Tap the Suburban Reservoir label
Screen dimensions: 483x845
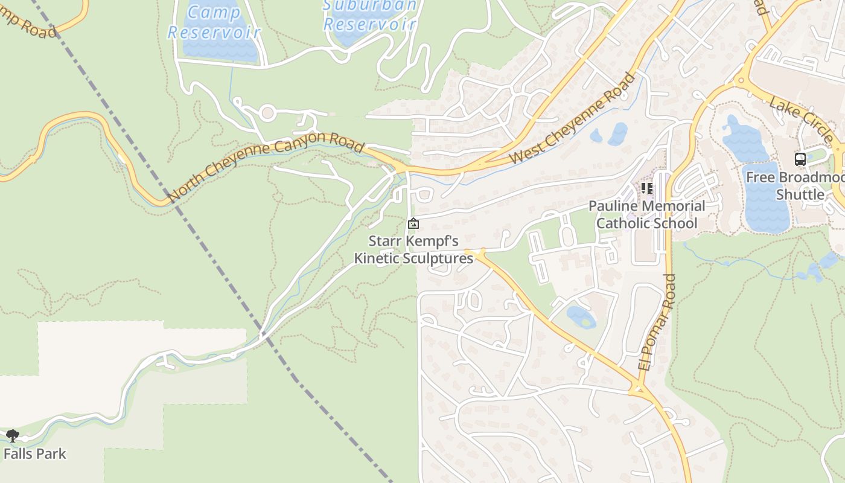point(370,15)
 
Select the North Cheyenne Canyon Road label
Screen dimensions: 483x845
point(266,169)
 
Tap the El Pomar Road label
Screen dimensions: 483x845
point(655,322)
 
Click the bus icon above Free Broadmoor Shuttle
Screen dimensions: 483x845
point(800,159)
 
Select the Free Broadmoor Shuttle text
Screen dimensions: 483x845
point(794,186)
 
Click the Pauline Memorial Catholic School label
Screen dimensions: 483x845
point(646,214)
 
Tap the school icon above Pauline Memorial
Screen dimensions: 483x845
point(647,189)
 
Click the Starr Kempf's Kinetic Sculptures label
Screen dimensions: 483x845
point(413,250)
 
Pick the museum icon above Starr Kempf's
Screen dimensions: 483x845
point(413,224)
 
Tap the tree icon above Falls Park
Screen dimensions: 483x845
point(12,435)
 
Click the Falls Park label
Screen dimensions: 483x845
point(34,453)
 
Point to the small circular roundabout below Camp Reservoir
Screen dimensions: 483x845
point(268,113)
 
